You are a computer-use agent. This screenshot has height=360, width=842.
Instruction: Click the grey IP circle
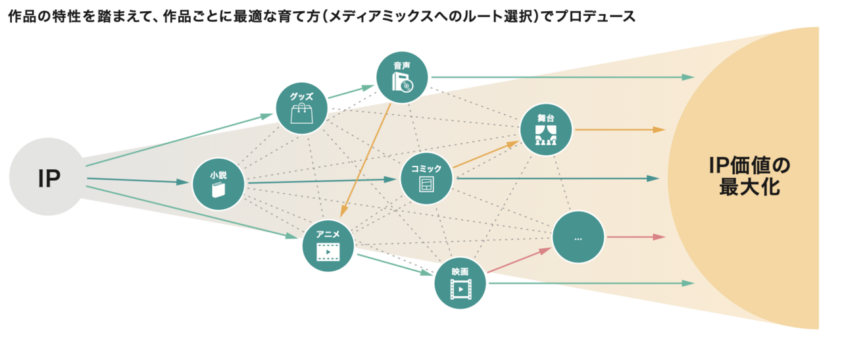47,177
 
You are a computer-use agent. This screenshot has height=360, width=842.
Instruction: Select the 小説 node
218,184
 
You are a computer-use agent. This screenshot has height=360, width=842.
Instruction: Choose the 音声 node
402,78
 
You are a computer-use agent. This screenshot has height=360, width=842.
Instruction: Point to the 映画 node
460,282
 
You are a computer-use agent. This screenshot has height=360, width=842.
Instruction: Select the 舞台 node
546,130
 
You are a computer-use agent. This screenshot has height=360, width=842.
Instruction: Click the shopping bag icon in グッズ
301,115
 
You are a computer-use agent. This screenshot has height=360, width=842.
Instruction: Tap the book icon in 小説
218,191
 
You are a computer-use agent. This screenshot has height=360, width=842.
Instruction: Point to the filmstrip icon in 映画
460,288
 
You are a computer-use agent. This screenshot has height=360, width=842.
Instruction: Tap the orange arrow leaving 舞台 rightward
619,130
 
